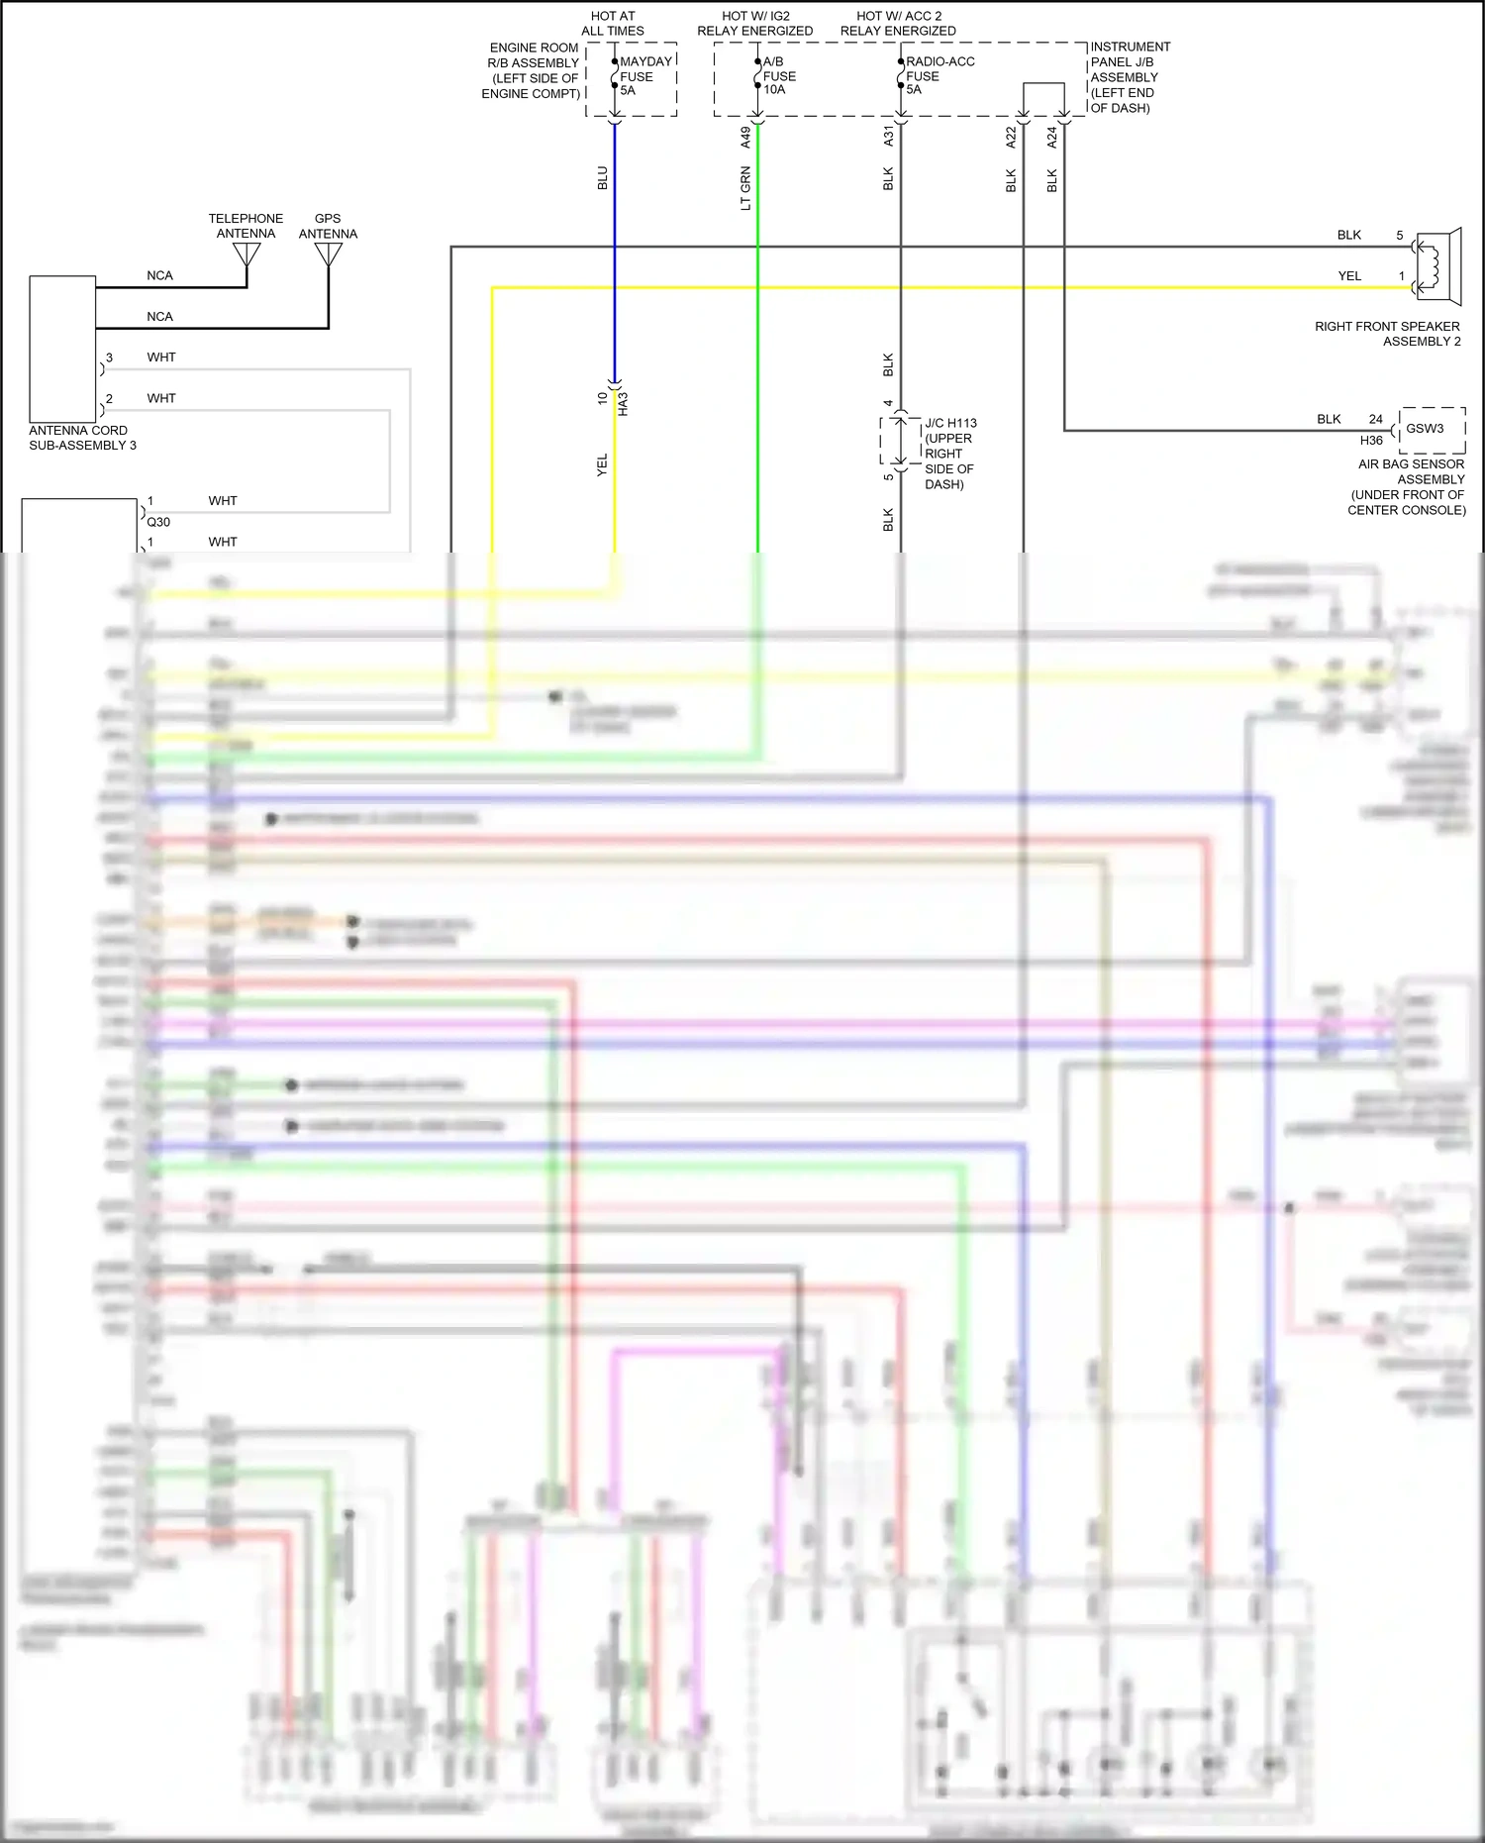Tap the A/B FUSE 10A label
click(x=778, y=76)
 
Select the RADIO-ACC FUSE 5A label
click(x=939, y=76)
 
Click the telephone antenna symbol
click(x=247, y=256)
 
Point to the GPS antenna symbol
click(x=328, y=256)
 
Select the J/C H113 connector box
click(x=899, y=441)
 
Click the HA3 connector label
click(x=623, y=404)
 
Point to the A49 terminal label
click(x=745, y=138)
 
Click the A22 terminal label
click(x=1011, y=138)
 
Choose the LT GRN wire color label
click(x=745, y=189)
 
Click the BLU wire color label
click(x=602, y=179)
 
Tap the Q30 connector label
click(x=158, y=522)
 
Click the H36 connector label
click(x=1370, y=441)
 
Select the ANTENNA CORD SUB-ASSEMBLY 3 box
click(x=62, y=350)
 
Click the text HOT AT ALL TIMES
click(x=613, y=24)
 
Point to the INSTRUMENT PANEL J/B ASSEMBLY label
click(x=1129, y=77)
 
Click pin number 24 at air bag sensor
click(x=1375, y=419)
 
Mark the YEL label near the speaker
click(x=1349, y=276)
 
